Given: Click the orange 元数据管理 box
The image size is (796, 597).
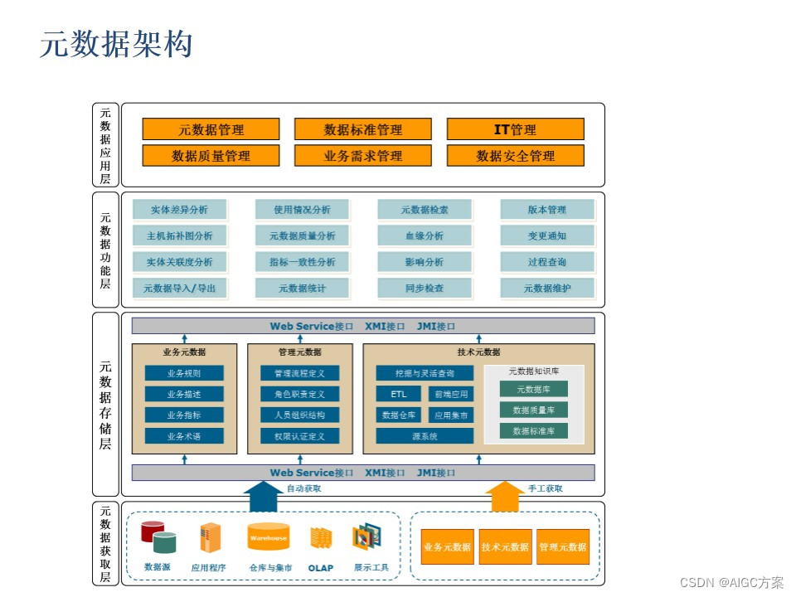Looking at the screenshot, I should point(211,129).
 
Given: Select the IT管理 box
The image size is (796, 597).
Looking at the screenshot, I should point(515,129).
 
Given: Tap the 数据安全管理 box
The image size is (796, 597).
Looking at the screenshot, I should point(515,156).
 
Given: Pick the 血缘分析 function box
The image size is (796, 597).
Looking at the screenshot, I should point(424,235).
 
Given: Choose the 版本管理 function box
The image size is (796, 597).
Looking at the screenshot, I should point(546,210).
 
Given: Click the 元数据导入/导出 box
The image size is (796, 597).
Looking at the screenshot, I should point(179,289).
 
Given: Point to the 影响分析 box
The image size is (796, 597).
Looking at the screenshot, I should point(424,262).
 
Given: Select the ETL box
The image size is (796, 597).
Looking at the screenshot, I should point(399,395).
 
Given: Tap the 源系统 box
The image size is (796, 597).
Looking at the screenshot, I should point(425,436).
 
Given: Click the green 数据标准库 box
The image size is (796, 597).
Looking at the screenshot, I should point(533,431).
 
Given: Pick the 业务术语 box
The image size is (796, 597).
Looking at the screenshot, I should point(183,436).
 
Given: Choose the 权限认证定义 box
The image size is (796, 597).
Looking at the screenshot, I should point(299,436).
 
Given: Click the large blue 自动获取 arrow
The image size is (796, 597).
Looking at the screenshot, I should point(265,498).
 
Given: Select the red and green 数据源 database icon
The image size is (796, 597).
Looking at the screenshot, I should point(158,537).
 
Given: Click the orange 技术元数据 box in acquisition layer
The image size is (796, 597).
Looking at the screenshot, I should point(505,547).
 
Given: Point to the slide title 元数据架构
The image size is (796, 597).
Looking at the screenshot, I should point(116,45).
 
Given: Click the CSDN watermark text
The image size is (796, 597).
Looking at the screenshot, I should point(730,583).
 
